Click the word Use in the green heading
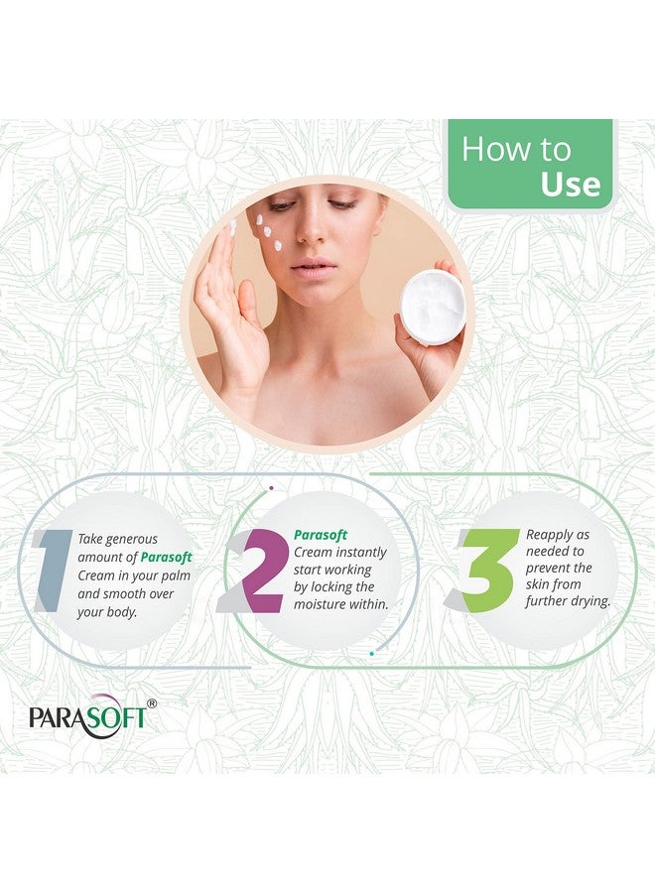[x=570, y=185]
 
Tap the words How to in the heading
[x=516, y=149]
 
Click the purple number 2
[x=260, y=571]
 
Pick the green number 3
[x=486, y=571]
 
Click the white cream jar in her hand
[x=433, y=307]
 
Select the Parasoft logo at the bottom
[x=87, y=716]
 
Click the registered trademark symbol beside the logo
[x=151, y=703]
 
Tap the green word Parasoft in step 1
[x=166, y=557]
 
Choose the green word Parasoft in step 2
[x=320, y=535]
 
